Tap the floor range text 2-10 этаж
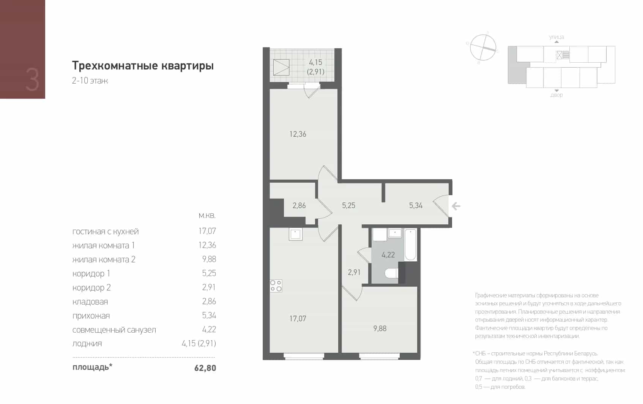click(x=90, y=80)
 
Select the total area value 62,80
click(x=205, y=368)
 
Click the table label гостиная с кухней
click(x=106, y=232)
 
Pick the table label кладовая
click(x=90, y=301)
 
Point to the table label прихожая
click(x=91, y=316)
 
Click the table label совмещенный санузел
click(x=114, y=330)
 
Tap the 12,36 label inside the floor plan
click(x=298, y=134)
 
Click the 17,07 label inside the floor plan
click(x=298, y=319)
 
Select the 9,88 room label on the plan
click(x=380, y=328)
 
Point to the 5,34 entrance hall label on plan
click(x=416, y=205)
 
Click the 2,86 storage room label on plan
click(x=299, y=205)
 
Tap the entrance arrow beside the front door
click(x=456, y=206)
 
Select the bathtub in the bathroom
click(x=411, y=245)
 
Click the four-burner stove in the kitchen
click(x=276, y=286)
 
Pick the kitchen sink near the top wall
click(x=295, y=234)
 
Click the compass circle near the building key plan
click(x=483, y=47)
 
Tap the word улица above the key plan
click(x=556, y=37)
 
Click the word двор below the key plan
click(x=556, y=95)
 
